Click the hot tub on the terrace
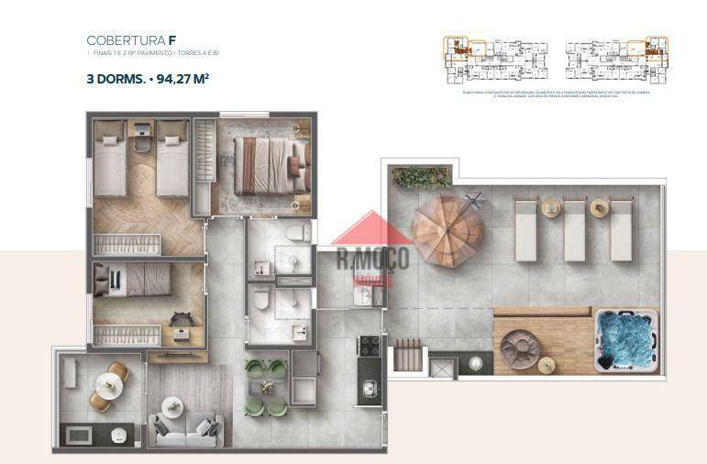coord(627,340)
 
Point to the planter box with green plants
coord(421,176)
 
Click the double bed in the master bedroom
coord(262,165)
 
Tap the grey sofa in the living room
coord(186,429)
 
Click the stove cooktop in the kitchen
coord(369,347)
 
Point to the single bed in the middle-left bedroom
coord(138,280)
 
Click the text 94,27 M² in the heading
coord(183,79)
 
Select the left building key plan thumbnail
coord(495,59)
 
